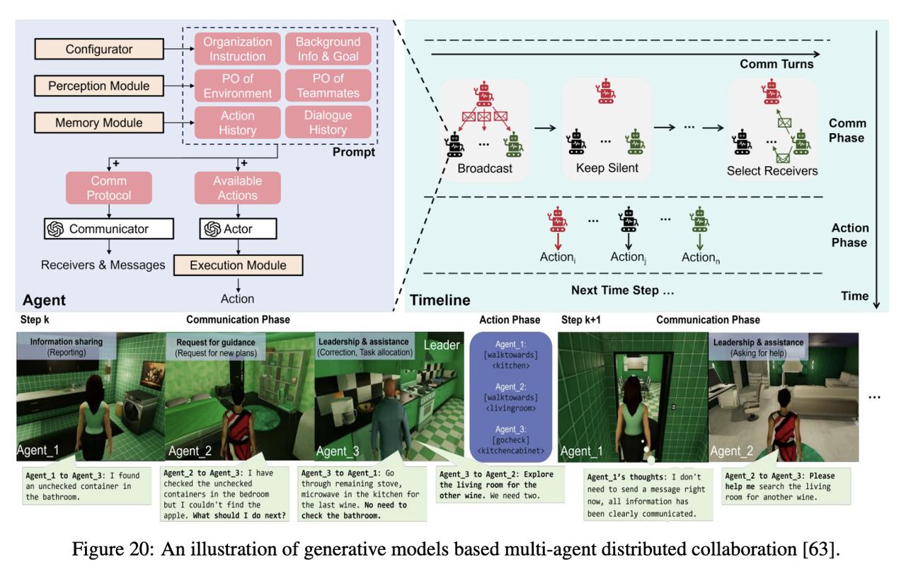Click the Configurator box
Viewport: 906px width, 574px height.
click(99, 49)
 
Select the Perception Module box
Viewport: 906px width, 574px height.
click(99, 86)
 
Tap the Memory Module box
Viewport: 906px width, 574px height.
click(99, 122)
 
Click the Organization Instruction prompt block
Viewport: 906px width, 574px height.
click(237, 49)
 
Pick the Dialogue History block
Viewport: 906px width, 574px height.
click(328, 122)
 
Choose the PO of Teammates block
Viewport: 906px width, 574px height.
click(328, 86)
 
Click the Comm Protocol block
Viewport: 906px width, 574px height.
click(109, 188)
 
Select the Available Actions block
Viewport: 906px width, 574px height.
click(237, 188)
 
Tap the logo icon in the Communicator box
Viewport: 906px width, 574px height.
click(55, 229)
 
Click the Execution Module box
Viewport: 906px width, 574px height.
click(239, 265)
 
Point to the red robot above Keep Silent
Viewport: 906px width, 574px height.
click(605, 91)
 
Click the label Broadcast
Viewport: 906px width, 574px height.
click(485, 168)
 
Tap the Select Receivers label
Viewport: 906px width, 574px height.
click(772, 171)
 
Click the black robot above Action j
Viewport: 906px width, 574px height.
click(628, 219)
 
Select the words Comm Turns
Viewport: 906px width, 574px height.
click(776, 64)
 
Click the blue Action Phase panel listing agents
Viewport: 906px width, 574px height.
click(510, 397)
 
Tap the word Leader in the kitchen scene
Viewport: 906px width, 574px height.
click(442, 345)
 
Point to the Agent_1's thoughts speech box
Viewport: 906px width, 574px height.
click(648, 495)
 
